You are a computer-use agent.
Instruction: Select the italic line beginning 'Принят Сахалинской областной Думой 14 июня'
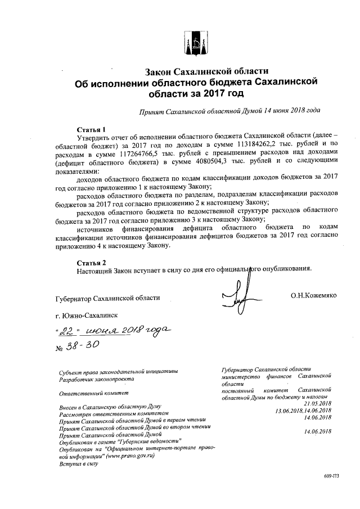[x=230, y=111]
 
